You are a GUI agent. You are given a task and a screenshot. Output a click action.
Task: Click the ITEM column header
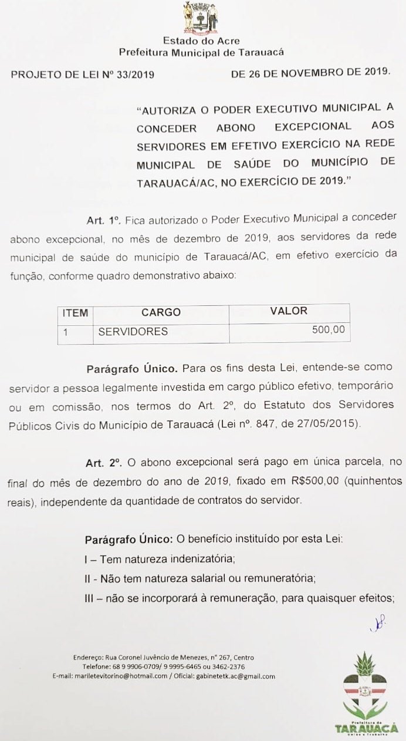(75, 313)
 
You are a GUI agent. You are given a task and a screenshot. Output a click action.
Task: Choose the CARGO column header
(161, 313)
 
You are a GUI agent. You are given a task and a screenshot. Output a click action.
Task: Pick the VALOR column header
(289, 311)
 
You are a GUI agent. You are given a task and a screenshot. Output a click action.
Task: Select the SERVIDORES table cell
(133, 332)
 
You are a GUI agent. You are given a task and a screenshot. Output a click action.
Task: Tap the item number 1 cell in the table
(66, 332)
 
